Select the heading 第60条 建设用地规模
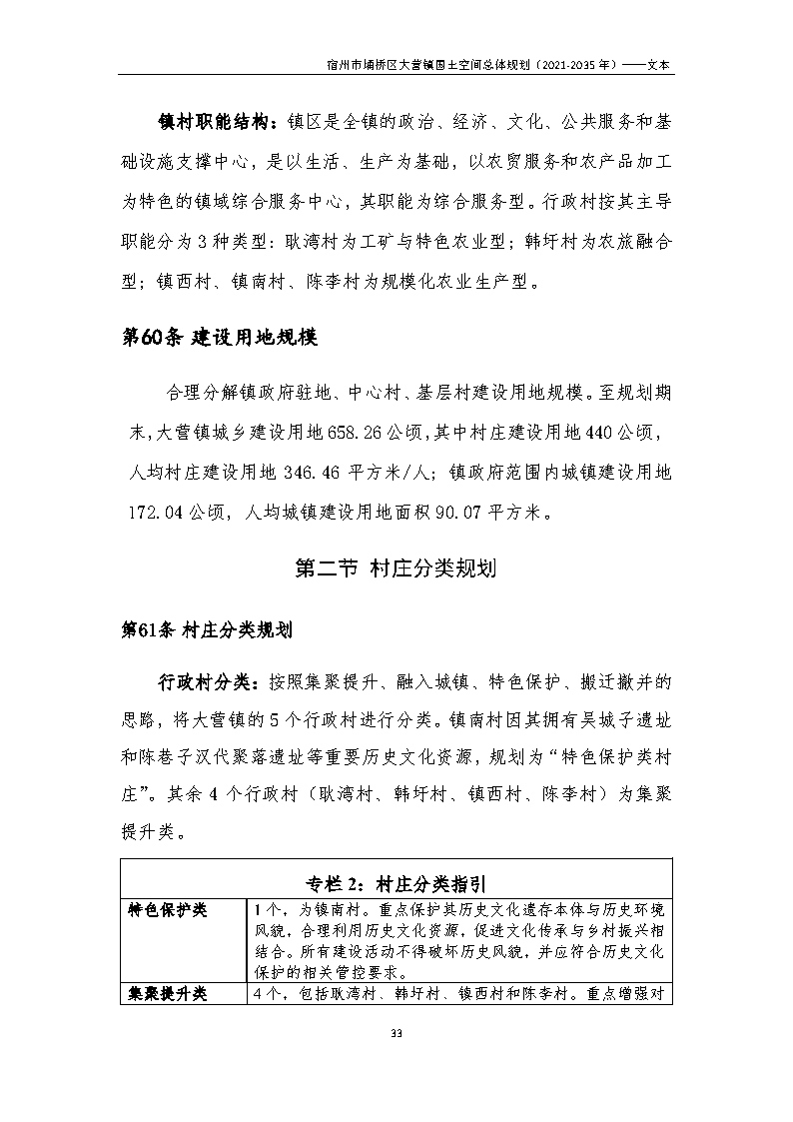click(x=218, y=338)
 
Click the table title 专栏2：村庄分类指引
click(x=396, y=883)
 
